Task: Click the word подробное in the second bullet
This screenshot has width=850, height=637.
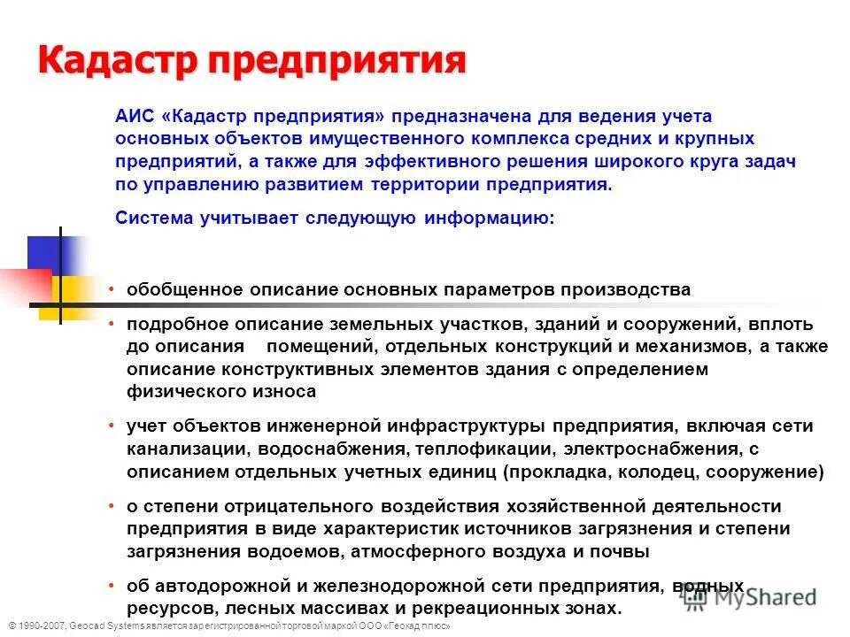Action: [171, 326]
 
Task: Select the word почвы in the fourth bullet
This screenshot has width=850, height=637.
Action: [623, 550]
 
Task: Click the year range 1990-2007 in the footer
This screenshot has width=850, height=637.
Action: [39, 625]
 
